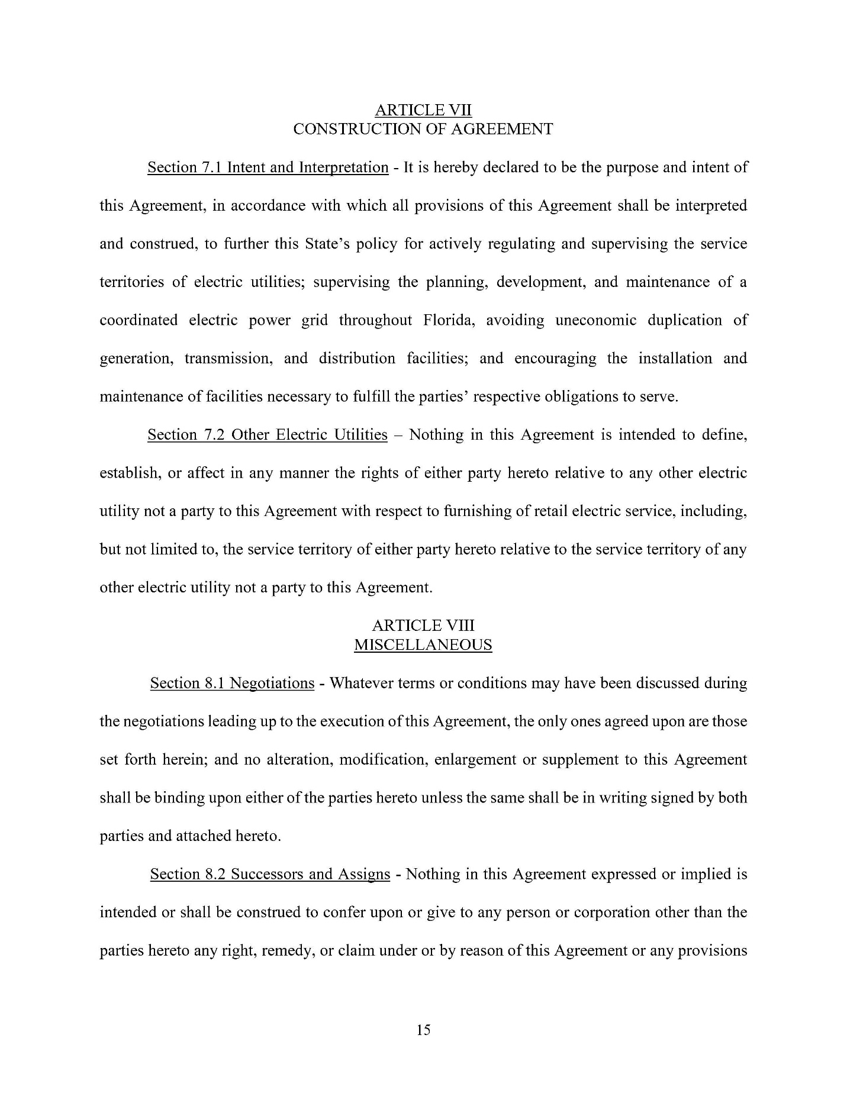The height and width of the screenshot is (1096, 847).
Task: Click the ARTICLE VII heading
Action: pyautogui.click(x=423, y=110)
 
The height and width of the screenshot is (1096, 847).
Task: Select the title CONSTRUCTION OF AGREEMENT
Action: pyautogui.click(x=423, y=129)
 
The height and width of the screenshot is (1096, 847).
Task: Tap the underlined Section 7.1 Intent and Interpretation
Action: pyautogui.click(x=268, y=167)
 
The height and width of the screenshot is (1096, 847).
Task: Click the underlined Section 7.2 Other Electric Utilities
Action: pyautogui.click(x=267, y=435)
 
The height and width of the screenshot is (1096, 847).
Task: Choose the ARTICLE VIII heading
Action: pyautogui.click(x=423, y=626)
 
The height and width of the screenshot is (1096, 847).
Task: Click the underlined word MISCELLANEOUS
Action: pyautogui.click(x=423, y=644)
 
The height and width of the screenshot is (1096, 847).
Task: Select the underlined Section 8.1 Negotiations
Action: pyautogui.click(x=232, y=683)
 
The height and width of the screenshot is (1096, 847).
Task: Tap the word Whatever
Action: pyautogui.click(x=361, y=683)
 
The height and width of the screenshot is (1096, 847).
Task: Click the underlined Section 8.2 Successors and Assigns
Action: pyautogui.click(x=270, y=874)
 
